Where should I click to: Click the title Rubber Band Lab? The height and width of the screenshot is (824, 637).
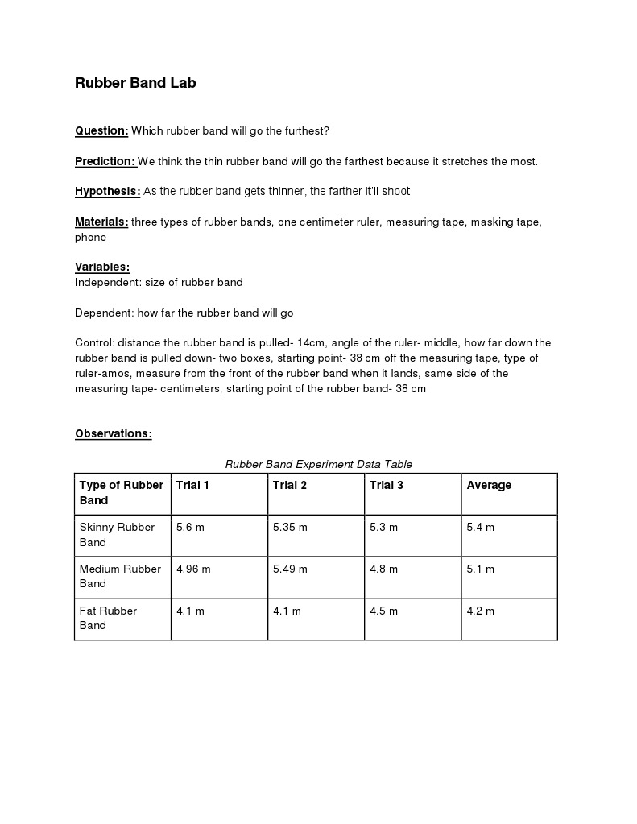point(135,83)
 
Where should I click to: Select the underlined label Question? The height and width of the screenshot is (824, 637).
point(101,130)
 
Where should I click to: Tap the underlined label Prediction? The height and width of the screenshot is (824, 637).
point(105,161)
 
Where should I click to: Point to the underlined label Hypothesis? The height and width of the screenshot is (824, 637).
point(107,191)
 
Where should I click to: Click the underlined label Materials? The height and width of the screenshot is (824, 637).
point(101,222)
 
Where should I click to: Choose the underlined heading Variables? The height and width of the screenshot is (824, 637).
point(102,267)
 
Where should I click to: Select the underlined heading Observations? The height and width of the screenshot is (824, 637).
point(114,433)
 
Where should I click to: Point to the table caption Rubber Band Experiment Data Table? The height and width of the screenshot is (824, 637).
point(318,464)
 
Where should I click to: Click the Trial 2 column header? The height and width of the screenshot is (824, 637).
point(290,485)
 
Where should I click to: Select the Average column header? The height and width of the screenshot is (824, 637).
point(489,485)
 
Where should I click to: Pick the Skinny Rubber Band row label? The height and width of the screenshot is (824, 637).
point(117,535)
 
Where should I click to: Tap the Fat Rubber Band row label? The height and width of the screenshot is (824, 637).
point(108,618)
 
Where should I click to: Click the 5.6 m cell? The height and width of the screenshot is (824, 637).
point(190,528)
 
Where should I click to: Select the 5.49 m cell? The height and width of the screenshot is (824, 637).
point(290,569)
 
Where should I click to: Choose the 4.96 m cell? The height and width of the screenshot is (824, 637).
point(193,569)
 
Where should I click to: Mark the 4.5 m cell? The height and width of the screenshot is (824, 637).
point(383,611)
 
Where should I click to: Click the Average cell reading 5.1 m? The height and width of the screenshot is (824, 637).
point(480,569)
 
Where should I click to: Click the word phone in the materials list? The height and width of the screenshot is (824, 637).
point(90,237)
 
